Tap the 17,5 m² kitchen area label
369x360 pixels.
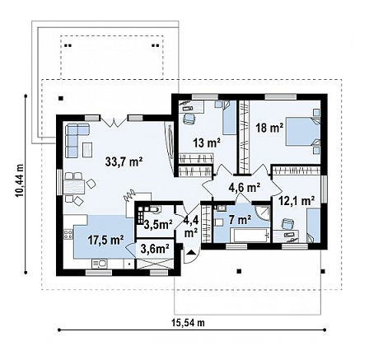[x=105, y=240]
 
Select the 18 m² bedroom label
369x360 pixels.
[x=269, y=128]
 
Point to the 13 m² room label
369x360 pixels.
[x=207, y=143]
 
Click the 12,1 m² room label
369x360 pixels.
[x=297, y=201]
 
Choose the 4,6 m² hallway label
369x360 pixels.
[x=245, y=188]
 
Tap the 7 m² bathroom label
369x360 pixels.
[x=241, y=219]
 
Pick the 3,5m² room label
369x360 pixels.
[x=158, y=224]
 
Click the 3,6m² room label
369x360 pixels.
[x=155, y=249]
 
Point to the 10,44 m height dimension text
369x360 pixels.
[x=20, y=180]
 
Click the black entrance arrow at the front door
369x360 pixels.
[x=191, y=252]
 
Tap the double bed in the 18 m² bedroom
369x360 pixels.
[x=303, y=132]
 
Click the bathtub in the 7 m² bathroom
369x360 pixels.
[x=250, y=235]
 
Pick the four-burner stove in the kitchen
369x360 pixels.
[x=68, y=234]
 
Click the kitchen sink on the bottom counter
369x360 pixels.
[x=100, y=264]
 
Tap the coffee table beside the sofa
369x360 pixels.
[x=87, y=150]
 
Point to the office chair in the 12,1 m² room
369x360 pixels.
[x=287, y=223]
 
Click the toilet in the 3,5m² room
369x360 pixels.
[x=154, y=210]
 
